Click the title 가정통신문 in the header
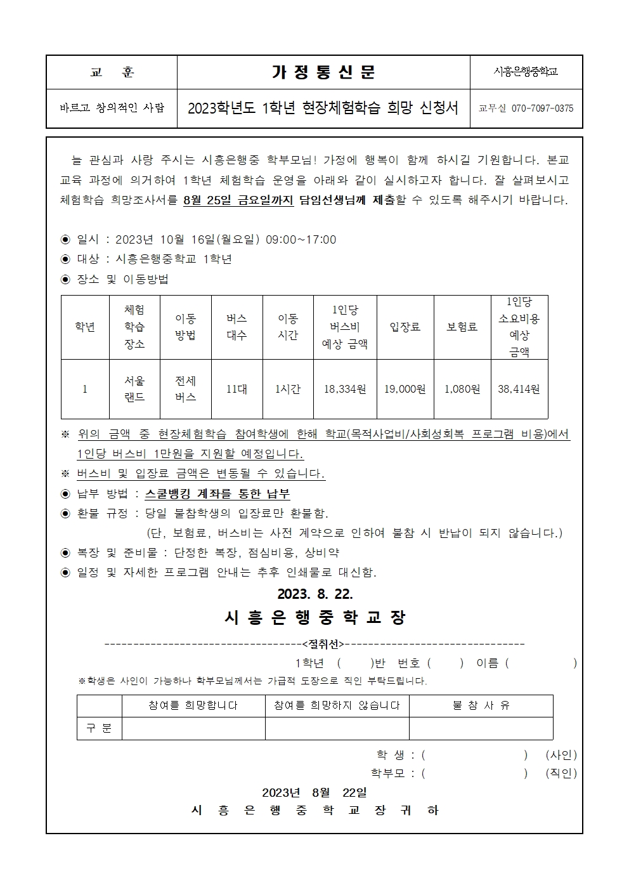323,72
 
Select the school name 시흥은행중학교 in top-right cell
526,72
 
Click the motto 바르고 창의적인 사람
112,108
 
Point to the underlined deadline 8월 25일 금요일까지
238,200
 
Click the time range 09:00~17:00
301,240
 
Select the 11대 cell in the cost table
237,389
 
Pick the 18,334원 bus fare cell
345,389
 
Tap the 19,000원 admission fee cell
405,389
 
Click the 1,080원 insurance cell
462,389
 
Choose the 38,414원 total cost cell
519,389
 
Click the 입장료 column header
405,327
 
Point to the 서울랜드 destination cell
134,389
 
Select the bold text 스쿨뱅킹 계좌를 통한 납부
217,494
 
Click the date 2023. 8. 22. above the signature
314,594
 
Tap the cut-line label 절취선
324,645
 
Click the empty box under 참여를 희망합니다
193,728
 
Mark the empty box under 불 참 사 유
481,728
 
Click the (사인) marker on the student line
561,755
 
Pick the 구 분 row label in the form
99,728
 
